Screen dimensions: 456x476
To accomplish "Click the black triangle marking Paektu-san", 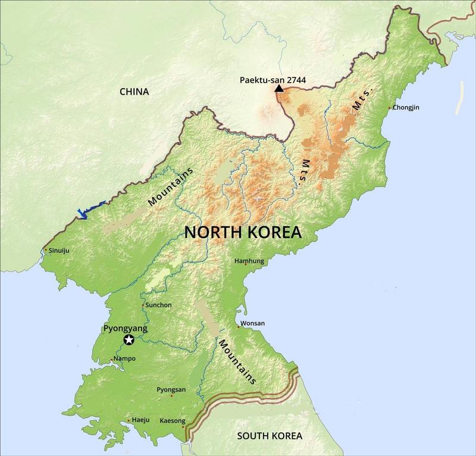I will (278, 88).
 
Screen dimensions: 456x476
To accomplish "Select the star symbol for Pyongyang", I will (129, 340).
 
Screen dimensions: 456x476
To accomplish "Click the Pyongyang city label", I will (125, 328).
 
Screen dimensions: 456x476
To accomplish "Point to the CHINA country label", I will (134, 92).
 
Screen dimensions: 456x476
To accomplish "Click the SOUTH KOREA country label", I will (269, 436).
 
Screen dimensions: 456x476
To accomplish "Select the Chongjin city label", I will (406, 108).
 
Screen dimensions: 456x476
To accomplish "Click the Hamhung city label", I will (249, 261).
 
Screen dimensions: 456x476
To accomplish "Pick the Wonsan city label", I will (253, 323).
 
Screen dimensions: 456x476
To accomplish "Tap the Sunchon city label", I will (158, 305).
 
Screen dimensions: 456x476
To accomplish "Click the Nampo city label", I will (124, 358).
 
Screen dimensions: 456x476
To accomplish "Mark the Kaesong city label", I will (173, 421).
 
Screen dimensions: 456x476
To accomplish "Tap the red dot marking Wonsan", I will (239, 326).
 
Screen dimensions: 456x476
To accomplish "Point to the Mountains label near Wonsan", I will (237, 361).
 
